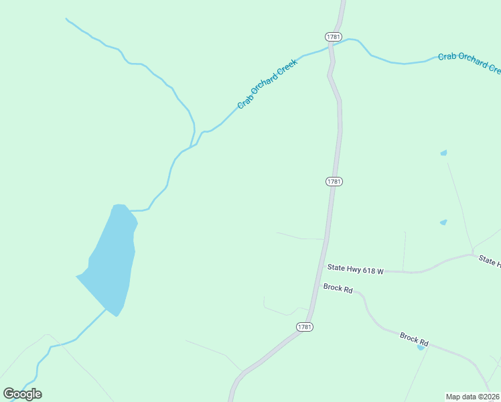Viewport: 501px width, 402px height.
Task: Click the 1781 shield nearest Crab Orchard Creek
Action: pyautogui.click(x=333, y=36)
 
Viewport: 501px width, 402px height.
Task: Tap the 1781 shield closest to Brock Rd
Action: pyautogui.click(x=305, y=326)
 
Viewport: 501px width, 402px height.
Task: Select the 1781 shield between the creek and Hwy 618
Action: pyautogui.click(x=335, y=182)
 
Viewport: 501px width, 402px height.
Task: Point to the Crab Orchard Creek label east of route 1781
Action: pyautogui.click(x=469, y=62)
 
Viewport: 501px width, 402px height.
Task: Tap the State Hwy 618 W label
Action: pyautogui.click(x=355, y=269)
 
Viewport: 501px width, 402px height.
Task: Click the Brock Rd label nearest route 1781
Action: pyautogui.click(x=338, y=287)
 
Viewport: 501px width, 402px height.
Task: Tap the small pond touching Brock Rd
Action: pyautogui.click(x=421, y=347)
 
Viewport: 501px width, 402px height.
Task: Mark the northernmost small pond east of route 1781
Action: pyautogui.click(x=443, y=153)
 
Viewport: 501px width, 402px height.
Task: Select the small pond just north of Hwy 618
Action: pyautogui.click(x=443, y=222)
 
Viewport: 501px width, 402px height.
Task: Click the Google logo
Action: pyautogui.click(x=22, y=394)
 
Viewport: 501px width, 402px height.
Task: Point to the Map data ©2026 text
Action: pyautogui.click(x=473, y=396)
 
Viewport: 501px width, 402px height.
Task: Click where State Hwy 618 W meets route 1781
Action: pyautogui.click(x=323, y=268)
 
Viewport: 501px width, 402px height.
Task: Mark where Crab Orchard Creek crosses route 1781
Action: pyautogui.click(x=331, y=47)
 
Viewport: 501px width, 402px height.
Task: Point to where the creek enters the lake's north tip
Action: pyautogui.click(x=127, y=209)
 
